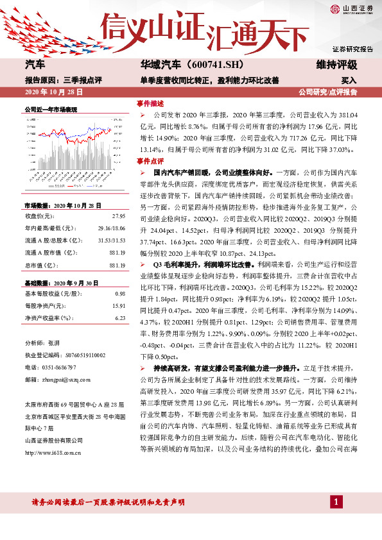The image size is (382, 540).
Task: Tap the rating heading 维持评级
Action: pos(340,65)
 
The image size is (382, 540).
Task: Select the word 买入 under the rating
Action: pos(349,81)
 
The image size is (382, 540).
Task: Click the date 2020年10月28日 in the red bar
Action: pos(53,92)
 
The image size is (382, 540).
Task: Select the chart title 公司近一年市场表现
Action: pos(51,110)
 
